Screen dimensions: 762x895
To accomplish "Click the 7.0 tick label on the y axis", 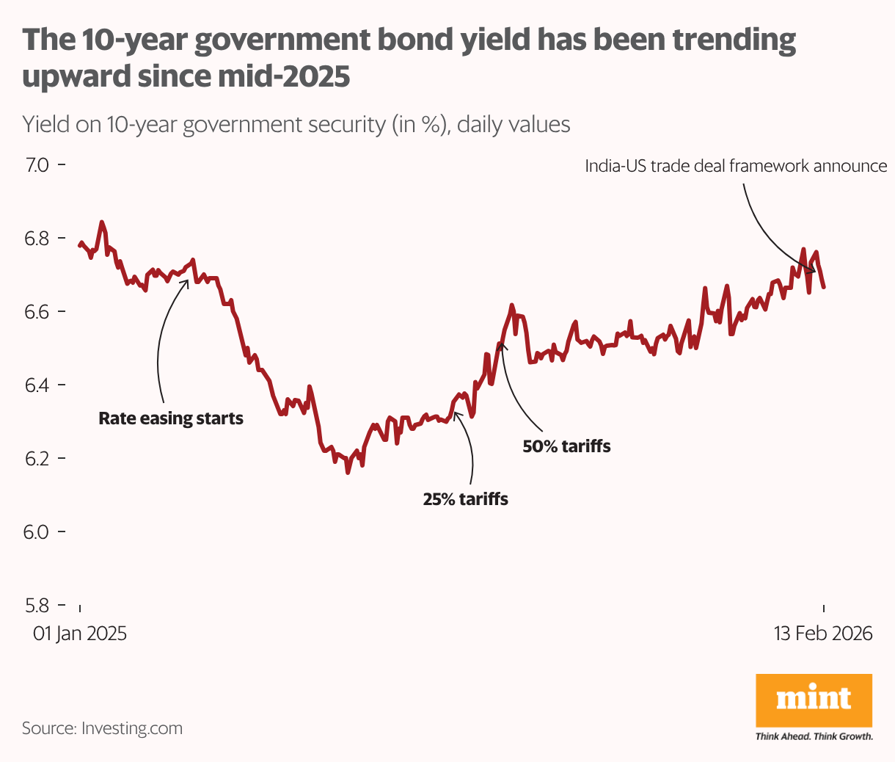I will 37,164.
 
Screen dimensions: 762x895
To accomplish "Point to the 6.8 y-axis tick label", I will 37,238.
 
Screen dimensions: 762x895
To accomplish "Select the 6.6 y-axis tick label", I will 37,311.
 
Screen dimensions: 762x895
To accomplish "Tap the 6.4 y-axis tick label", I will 37,385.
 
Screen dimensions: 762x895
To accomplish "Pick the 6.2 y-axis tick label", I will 37,458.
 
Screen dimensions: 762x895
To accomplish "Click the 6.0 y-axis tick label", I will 37,531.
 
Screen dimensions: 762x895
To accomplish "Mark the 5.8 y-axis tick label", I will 37,605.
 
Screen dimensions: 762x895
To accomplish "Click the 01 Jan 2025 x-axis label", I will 80,634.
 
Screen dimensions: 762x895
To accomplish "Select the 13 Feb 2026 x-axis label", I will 823,634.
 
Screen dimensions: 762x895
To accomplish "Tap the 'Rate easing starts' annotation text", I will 171,419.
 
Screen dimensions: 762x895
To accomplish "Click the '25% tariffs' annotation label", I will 465,500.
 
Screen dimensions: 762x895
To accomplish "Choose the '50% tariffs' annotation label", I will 566,446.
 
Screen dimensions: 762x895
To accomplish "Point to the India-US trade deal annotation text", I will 736,166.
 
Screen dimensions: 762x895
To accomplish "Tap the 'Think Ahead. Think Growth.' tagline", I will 814,736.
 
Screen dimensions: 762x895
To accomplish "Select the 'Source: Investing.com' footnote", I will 102,728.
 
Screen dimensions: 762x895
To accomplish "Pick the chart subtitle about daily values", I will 296,124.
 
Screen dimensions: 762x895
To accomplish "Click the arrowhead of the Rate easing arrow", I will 187,279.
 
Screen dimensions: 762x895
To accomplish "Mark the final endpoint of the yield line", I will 824,286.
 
